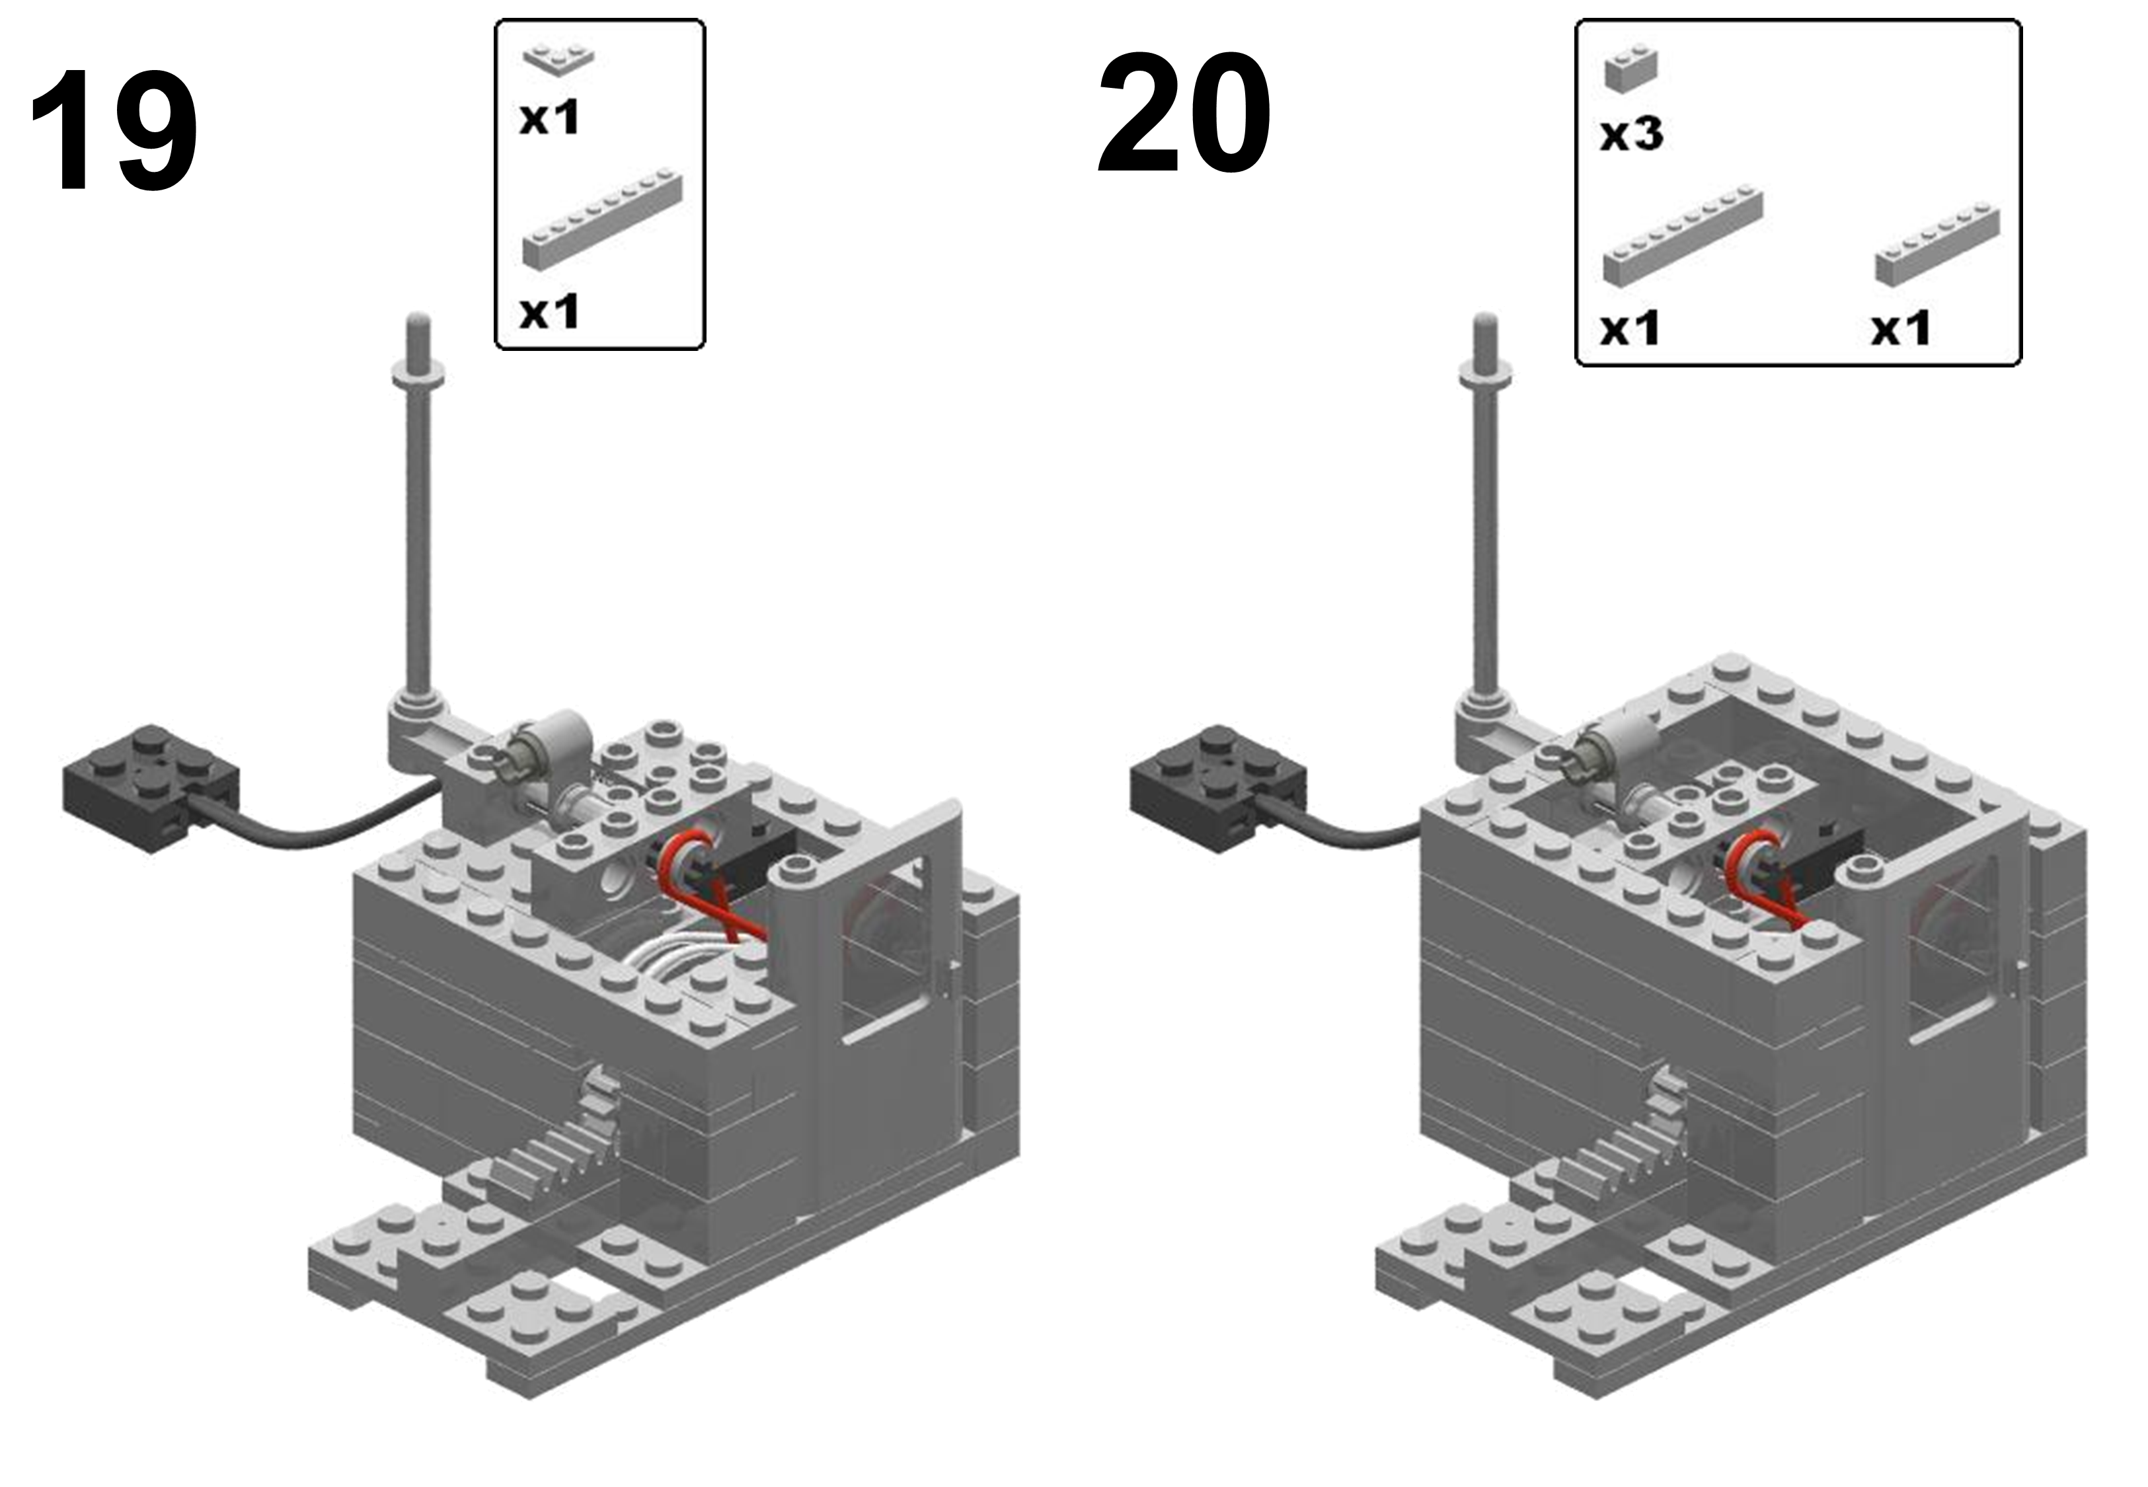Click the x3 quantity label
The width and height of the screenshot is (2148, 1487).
coord(1631,135)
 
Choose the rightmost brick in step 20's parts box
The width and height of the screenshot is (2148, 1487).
coord(1937,241)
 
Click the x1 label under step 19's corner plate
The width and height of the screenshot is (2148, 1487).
coord(550,118)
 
